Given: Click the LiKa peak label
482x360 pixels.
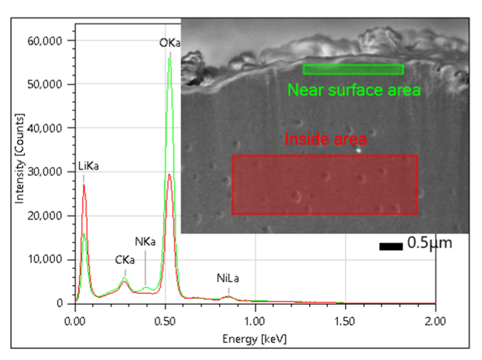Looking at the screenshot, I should [88, 167].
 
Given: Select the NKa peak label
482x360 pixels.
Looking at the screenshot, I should [145, 241].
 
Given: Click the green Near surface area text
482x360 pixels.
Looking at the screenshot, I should [354, 90].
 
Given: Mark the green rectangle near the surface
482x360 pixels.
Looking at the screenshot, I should [353, 69].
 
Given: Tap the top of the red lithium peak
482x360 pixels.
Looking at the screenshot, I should [84, 185].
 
